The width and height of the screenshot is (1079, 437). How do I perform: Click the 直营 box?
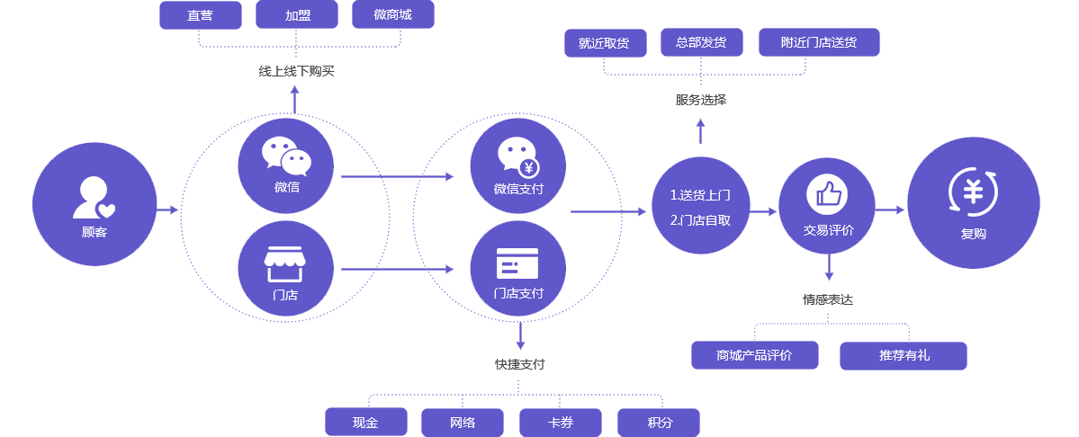tap(200, 15)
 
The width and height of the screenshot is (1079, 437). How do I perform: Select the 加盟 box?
tap(297, 15)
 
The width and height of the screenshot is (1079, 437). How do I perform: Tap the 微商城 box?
tap(393, 15)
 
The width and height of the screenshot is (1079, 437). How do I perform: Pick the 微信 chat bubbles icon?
tap(286, 156)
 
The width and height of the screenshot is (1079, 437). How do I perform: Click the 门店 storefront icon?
tap(285, 263)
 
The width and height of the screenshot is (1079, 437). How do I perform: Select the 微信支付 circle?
tap(518, 166)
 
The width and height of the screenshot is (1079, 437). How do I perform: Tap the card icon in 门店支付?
tap(517, 263)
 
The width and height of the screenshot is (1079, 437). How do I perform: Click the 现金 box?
tap(365, 422)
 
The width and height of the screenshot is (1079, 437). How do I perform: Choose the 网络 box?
tap(462, 422)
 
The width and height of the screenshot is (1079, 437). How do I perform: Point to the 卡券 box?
tap(560, 422)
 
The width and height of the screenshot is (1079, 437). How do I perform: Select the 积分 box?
tap(659, 422)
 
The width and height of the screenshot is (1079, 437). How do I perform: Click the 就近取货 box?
tap(605, 42)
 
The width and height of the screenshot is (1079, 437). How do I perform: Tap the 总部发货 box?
tap(701, 42)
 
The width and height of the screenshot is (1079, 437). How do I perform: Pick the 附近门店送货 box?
tap(819, 42)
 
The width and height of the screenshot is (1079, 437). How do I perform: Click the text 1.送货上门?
tap(700, 194)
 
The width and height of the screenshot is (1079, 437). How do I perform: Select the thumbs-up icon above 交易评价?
tap(828, 192)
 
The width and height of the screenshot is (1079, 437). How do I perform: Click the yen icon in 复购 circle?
tap(973, 192)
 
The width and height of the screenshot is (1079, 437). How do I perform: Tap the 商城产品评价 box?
tap(754, 355)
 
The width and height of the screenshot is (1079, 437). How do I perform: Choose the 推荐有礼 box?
tap(904, 355)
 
